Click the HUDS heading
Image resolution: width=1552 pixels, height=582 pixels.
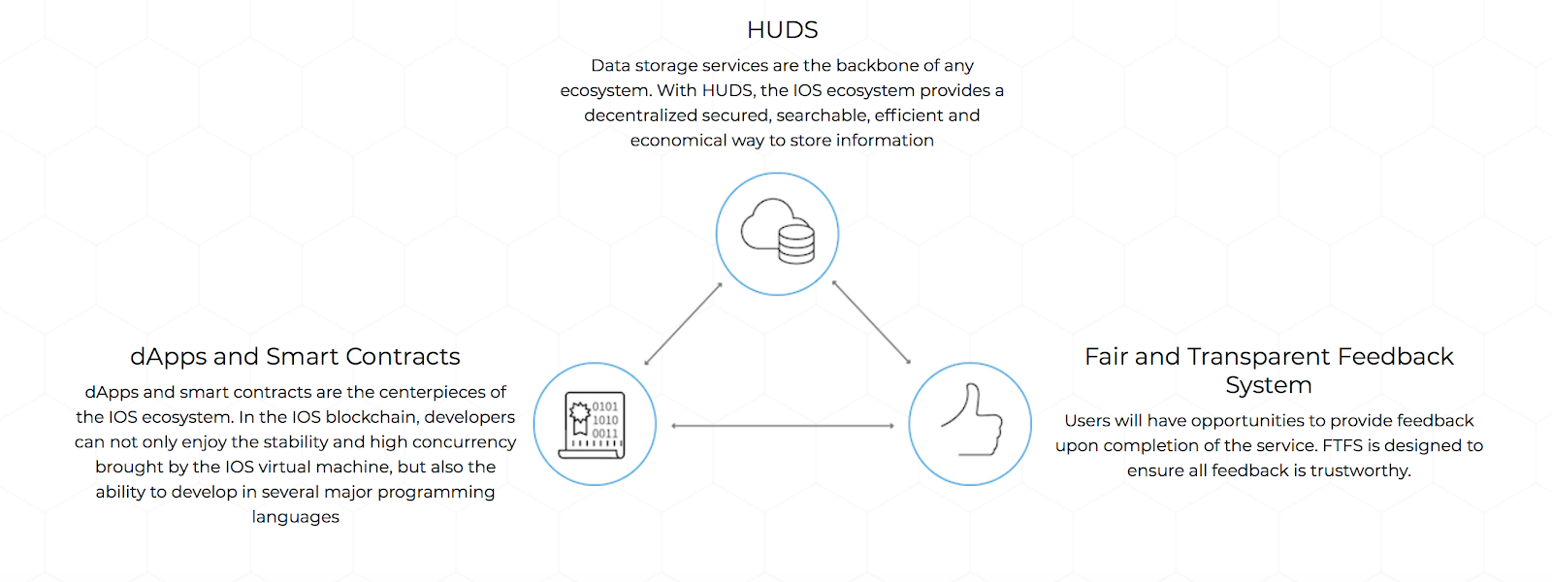click(x=782, y=30)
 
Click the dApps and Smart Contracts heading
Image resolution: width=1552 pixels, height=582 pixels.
click(x=295, y=357)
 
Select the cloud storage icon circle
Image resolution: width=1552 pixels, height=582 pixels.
click(x=777, y=234)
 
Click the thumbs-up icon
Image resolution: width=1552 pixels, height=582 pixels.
click(x=971, y=423)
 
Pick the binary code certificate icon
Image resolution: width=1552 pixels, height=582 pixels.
click(x=595, y=424)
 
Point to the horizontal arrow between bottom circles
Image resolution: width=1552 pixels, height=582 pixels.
click(x=782, y=426)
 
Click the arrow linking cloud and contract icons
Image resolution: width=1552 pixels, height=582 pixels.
click(x=683, y=324)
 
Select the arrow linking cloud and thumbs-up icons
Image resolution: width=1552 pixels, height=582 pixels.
click(x=871, y=323)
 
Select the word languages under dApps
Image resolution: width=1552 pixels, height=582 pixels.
click(x=295, y=517)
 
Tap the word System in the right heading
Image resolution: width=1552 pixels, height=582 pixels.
click(x=1268, y=385)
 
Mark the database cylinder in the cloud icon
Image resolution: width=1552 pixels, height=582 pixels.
click(x=796, y=243)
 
